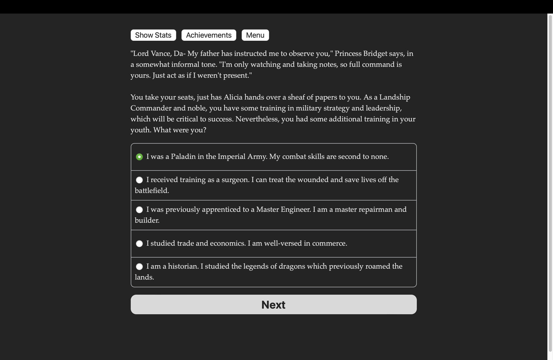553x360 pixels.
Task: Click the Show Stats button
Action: click(153, 35)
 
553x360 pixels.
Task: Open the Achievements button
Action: click(209, 35)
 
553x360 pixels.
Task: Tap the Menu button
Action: click(255, 35)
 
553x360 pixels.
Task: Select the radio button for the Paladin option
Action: click(139, 157)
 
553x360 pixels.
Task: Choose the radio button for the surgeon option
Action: click(139, 180)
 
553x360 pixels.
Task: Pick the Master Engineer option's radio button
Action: click(139, 210)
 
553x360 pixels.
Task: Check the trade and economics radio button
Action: click(139, 244)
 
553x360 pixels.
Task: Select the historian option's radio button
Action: click(139, 267)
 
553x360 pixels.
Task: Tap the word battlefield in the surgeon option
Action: click(152, 191)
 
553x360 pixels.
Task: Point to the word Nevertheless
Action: click(257, 119)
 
